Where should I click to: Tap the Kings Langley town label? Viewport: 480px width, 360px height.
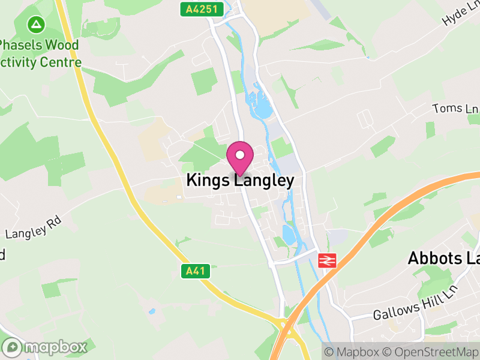[x=240, y=181]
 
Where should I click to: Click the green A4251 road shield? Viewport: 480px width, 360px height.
[x=202, y=9]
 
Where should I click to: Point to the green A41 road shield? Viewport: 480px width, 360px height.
[x=196, y=271]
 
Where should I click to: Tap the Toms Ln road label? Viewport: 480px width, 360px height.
[x=455, y=108]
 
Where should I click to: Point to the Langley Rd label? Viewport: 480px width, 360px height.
[x=34, y=229]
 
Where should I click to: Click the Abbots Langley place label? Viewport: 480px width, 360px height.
[x=443, y=258]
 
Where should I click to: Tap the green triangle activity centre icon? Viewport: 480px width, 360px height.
[x=37, y=25]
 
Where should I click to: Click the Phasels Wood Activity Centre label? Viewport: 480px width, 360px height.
[x=40, y=53]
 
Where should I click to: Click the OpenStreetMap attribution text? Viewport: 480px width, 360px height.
[x=430, y=351]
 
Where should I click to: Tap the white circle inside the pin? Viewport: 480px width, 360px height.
[x=240, y=155]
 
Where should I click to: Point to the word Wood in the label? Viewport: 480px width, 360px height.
[x=62, y=45]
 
